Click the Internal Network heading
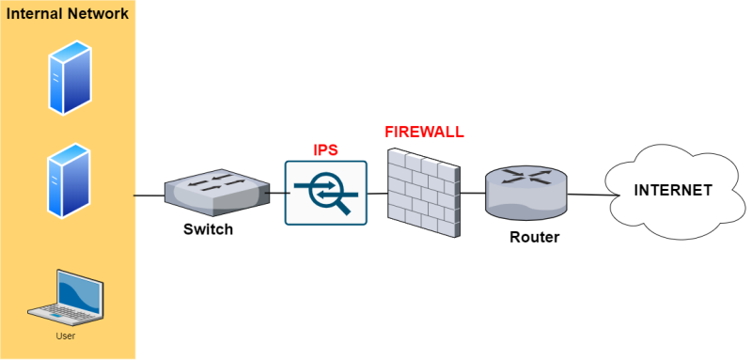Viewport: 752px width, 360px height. pyautogui.click(x=68, y=16)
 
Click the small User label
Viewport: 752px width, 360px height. pyautogui.click(x=66, y=336)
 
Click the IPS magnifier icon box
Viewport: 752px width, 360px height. pyautogui.click(x=325, y=193)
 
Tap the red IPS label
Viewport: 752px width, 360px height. pyautogui.click(x=325, y=149)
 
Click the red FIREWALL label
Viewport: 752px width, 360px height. pyautogui.click(x=424, y=132)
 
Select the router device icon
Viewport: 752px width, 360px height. pyautogui.click(x=526, y=192)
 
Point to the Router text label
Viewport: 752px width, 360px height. pyautogui.click(x=534, y=237)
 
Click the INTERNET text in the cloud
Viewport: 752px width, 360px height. pyautogui.click(x=673, y=191)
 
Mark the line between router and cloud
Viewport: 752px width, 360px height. pyautogui.click(x=587, y=195)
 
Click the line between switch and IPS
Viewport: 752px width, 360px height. pyautogui.click(x=276, y=194)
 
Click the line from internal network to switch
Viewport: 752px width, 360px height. pyautogui.click(x=149, y=196)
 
